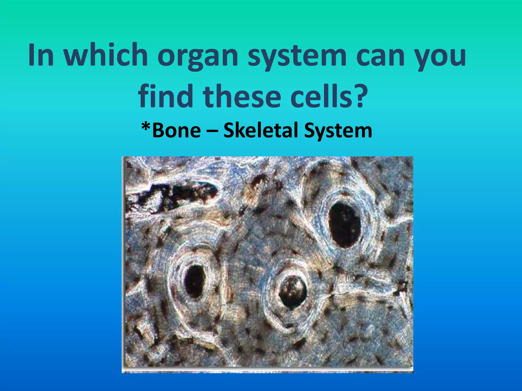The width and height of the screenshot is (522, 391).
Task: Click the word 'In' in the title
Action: [41, 55]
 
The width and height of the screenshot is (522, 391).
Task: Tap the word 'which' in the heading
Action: [106, 55]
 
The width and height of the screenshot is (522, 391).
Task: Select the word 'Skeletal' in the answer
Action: [260, 130]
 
